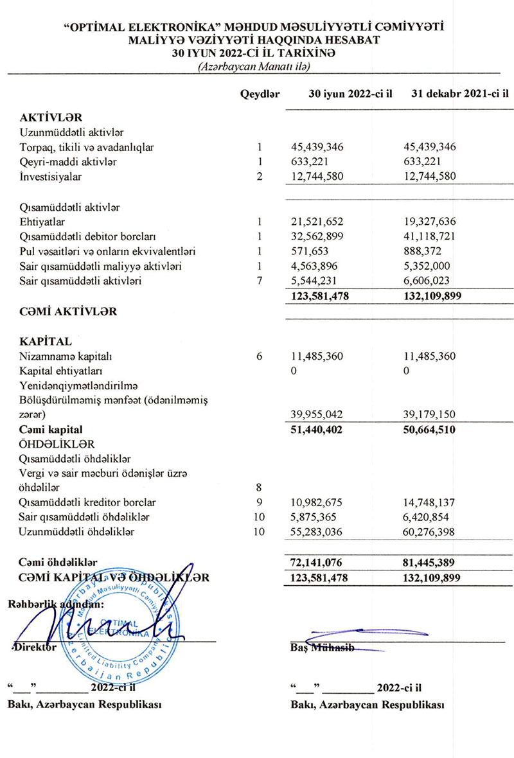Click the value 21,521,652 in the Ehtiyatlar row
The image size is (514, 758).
tap(317, 222)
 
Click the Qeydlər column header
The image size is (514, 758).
tap(260, 94)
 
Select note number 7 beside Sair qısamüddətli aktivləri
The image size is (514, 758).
tap(260, 280)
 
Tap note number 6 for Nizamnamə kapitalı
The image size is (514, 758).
tap(260, 357)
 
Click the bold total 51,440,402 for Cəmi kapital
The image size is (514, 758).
tap(317, 429)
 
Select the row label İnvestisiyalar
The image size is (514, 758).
tap(51, 176)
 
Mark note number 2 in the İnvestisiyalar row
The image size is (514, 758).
tap(260, 176)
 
